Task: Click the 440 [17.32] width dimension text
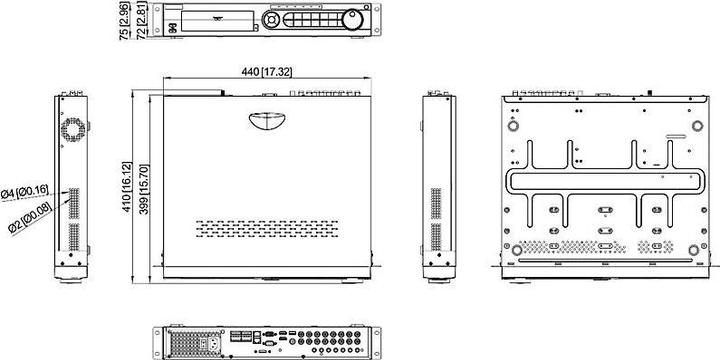[265, 72]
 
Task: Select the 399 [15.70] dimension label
[144, 185]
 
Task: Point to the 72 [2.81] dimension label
[142, 22]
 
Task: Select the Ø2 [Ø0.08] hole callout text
[30, 213]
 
